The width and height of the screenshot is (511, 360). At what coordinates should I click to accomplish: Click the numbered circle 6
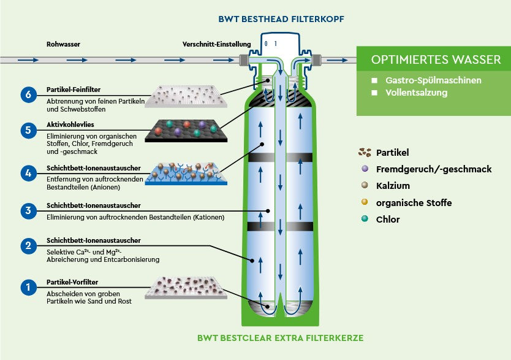pyautogui.click(x=28, y=94)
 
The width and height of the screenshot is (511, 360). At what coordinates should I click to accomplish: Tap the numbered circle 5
pyautogui.click(x=28, y=130)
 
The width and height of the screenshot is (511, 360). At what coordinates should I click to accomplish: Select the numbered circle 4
pyautogui.click(x=28, y=174)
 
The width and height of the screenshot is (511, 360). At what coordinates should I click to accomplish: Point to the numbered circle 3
pyautogui.click(x=28, y=211)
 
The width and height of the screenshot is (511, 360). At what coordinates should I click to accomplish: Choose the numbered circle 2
pyautogui.click(x=28, y=247)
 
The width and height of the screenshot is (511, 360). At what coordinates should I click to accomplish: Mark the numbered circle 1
pyautogui.click(x=28, y=286)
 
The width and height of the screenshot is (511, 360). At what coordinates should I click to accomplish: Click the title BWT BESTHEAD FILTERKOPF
pyautogui.click(x=282, y=19)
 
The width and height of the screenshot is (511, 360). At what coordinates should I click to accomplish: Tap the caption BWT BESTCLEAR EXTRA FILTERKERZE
pyautogui.click(x=281, y=338)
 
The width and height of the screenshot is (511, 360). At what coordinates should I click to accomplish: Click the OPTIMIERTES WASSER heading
pyautogui.click(x=436, y=60)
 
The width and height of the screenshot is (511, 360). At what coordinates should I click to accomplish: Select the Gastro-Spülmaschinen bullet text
pyautogui.click(x=433, y=80)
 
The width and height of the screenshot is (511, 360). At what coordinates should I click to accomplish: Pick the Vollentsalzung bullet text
pyautogui.click(x=416, y=93)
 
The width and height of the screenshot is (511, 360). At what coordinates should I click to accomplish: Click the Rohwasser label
pyautogui.click(x=63, y=44)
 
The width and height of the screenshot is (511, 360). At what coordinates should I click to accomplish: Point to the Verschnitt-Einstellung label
pyautogui.click(x=217, y=44)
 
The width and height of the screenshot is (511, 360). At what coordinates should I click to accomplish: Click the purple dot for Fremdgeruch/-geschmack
pyautogui.click(x=365, y=169)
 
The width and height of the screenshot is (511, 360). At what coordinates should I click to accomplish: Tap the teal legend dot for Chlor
pyautogui.click(x=365, y=219)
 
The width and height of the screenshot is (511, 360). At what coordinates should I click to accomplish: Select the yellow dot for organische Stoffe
pyautogui.click(x=365, y=202)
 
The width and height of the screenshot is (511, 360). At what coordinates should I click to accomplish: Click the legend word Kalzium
pyautogui.click(x=393, y=186)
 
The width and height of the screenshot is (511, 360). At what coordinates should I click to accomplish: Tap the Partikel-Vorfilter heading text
pyautogui.click(x=72, y=282)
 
